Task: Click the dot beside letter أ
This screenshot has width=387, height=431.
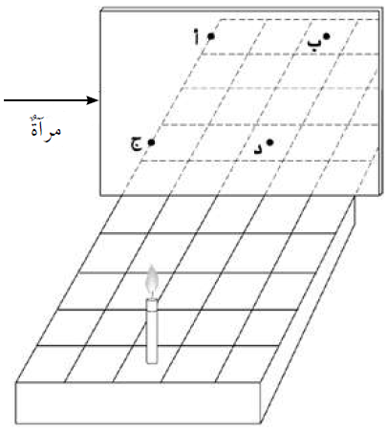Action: pyautogui.click(x=211, y=36)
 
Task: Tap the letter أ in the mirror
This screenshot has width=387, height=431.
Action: pyautogui.click(x=197, y=36)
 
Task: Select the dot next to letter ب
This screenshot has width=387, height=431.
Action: pyautogui.click(x=327, y=36)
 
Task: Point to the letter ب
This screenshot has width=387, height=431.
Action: pyautogui.click(x=313, y=44)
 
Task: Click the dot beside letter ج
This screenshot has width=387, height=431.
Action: pyautogui.click(x=151, y=142)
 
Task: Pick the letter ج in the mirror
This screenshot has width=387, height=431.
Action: pyautogui.click(x=137, y=143)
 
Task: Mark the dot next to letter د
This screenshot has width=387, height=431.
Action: pyautogui.click(x=270, y=142)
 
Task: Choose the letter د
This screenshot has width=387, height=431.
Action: pyautogui.click(x=258, y=149)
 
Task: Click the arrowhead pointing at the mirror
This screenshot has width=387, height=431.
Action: pyautogui.click(x=93, y=100)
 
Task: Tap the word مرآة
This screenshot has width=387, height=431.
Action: pyautogui.click(x=46, y=129)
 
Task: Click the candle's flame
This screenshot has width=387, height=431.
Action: pyautogui.click(x=152, y=279)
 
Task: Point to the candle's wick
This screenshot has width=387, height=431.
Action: pyautogui.click(x=152, y=295)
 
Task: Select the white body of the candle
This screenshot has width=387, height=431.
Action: pyautogui.click(x=152, y=331)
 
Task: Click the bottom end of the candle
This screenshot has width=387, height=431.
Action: pyautogui.click(x=152, y=363)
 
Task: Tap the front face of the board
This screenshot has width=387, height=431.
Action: pyautogui.click(x=138, y=403)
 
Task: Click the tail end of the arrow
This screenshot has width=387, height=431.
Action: pyautogui.click(x=4, y=100)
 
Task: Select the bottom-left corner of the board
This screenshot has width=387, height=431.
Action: pyautogui.click(x=16, y=423)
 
